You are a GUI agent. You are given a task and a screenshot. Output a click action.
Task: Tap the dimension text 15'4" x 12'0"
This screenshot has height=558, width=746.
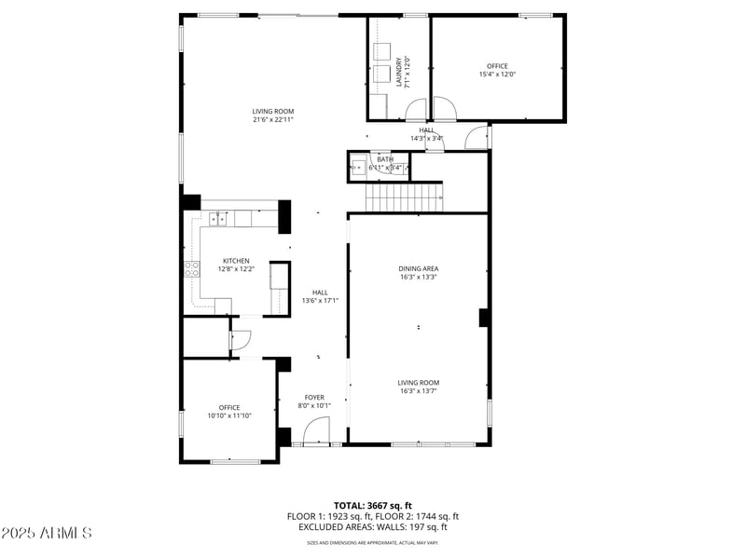coord(497,75)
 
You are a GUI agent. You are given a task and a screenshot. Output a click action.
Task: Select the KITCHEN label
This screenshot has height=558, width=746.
coord(235,261)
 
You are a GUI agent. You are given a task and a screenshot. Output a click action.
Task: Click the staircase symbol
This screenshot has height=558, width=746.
coord(402,197)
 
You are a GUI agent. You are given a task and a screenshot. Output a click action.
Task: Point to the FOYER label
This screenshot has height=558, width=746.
coord(314,397)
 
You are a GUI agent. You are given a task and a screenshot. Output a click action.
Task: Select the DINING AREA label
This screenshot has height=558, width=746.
coord(418,268)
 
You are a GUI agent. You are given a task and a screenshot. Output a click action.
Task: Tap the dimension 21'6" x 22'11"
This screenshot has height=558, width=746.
coord(272,119)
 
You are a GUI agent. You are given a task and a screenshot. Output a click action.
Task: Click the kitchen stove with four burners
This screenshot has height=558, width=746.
coord(191,269)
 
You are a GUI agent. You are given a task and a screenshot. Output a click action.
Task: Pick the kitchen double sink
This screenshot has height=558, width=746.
coord(218,220)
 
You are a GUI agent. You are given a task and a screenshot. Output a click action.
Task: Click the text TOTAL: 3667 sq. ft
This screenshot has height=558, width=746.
coord(372,505)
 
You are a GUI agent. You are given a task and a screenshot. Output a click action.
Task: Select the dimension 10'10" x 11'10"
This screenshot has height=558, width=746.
coord(229,415)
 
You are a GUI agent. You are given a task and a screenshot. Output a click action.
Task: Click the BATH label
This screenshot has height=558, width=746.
coord(385,159)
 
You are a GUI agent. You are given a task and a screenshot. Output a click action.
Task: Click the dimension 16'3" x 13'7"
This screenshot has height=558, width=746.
coord(418,391)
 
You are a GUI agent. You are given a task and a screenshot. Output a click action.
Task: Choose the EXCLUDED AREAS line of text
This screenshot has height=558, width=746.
coord(372,526)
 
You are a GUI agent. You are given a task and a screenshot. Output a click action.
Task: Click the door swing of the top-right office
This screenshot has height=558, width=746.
coord(444,111)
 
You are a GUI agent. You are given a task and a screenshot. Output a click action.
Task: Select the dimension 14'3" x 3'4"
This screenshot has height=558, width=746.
coord(426,139)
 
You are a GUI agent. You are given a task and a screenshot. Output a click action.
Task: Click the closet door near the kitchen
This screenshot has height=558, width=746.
coord(239,341)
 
